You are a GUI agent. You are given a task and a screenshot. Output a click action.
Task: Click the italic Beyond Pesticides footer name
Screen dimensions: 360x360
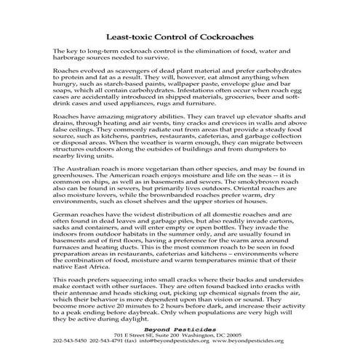tap(180, 350)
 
